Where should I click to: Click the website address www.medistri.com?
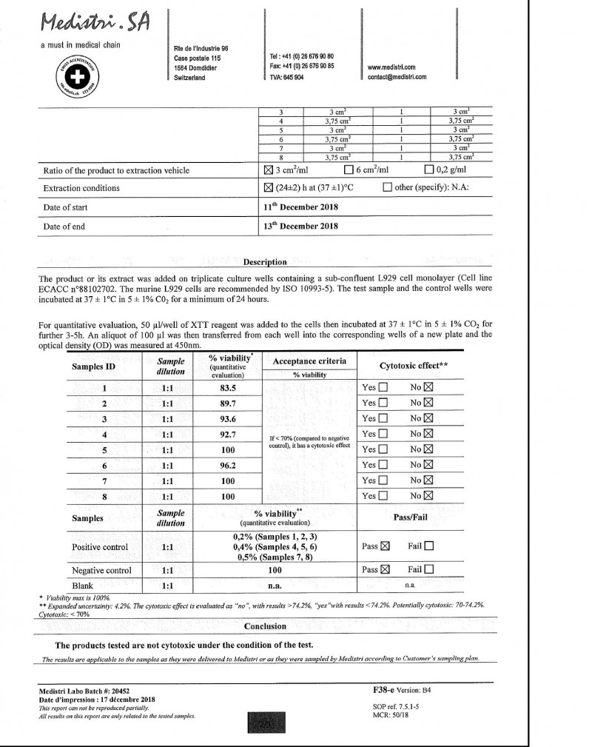coord(391,67)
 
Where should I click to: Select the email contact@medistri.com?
coord(397,76)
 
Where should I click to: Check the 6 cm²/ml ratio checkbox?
coord(349,171)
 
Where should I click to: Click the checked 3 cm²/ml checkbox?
coord(269,171)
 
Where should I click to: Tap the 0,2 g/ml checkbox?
coord(428,171)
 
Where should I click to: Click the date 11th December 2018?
coord(301,207)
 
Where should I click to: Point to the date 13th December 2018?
coord(301,227)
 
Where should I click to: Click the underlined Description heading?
coord(265,261)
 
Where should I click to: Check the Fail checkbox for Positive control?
coord(430,546)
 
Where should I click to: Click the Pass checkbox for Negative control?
coord(385,570)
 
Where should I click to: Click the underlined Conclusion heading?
coord(265,625)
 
